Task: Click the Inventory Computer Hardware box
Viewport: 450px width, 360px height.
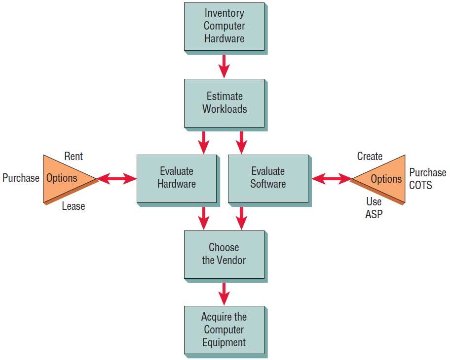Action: point(224,26)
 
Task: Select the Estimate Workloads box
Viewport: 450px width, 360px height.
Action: point(225,102)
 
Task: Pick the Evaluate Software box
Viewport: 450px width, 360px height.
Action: point(268,178)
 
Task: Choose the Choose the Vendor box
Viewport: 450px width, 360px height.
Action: point(224,254)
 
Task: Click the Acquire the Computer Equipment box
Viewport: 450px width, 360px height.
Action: point(224,329)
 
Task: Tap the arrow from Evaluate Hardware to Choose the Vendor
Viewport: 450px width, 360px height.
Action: point(203,217)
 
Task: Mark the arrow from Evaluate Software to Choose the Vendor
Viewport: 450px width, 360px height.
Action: point(241,217)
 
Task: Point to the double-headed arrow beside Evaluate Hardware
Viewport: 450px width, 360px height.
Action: point(117,179)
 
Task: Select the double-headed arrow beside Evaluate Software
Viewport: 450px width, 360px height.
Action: point(331,178)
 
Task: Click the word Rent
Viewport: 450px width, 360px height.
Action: point(74,157)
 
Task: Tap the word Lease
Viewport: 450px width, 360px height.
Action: point(74,206)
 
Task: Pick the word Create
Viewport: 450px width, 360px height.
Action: point(370,157)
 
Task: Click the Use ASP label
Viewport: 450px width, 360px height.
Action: point(374,208)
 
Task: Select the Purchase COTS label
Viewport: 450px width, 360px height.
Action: point(427,178)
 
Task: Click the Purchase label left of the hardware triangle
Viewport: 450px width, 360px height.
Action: point(21,178)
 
